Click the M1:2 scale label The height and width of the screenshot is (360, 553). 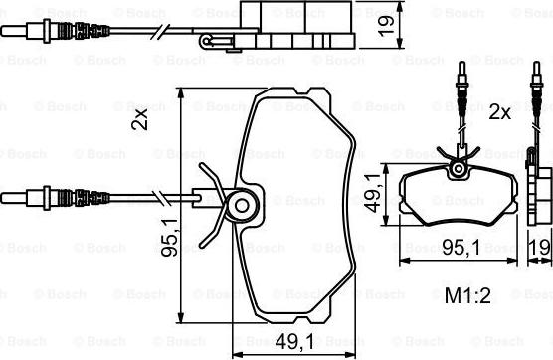point(467,296)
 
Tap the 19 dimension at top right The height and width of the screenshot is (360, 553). point(386,24)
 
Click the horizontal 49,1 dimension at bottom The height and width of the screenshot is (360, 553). point(294,341)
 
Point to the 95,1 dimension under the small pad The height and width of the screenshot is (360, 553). point(461,248)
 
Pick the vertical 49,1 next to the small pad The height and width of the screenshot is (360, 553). point(374,194)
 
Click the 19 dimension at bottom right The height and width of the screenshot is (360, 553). point(540,248)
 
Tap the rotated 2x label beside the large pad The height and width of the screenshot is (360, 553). point(139,119)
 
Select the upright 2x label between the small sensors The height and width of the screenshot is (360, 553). point(499,113)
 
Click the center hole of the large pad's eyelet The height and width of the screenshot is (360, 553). point(242,206)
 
